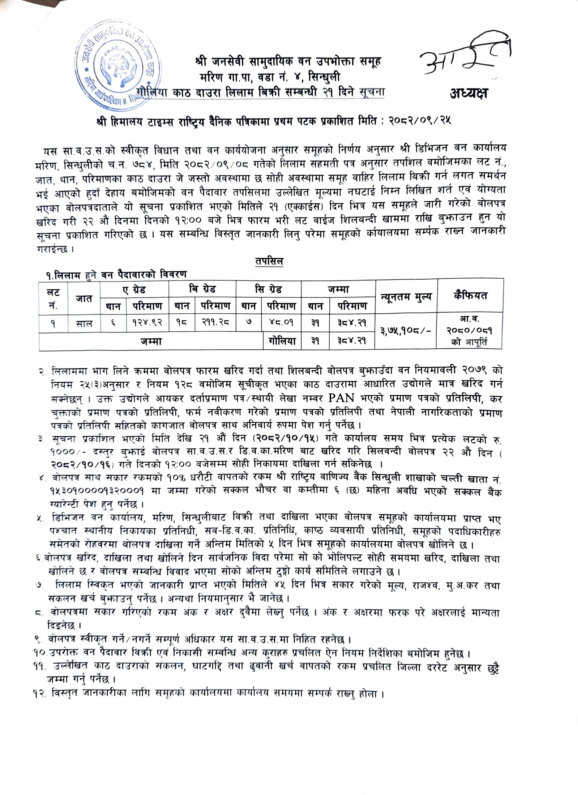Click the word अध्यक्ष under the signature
[468, 94]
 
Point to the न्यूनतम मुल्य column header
[406, 297]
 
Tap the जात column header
[84, 298]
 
